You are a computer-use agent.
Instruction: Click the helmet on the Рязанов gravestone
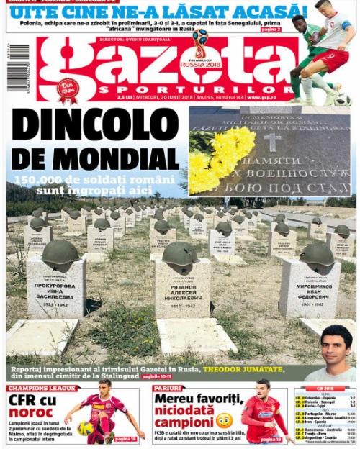pos(179,255)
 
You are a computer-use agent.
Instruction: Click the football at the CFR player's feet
pos(86,428)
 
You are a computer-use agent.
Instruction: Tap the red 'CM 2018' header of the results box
pos(324,389)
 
